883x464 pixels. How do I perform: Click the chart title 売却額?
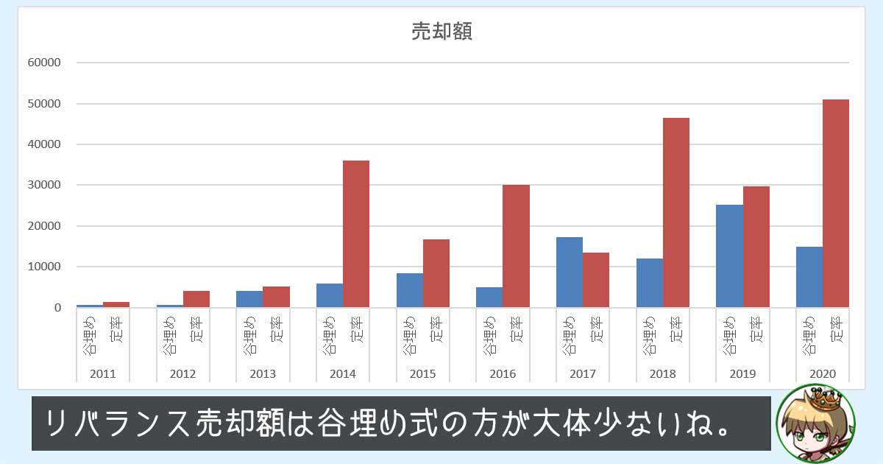pos(441,32)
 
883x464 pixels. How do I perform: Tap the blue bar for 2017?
pos(570,272)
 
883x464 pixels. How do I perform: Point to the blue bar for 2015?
pos(410,290)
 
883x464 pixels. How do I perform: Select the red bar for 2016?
pos(516,246)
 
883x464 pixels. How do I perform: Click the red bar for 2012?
pos(196,299)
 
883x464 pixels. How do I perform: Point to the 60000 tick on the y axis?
pos(44,63)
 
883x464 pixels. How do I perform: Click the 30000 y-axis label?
pos(44,185)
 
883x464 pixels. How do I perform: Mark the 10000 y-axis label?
pos(44,267)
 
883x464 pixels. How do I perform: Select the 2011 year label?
pos(102,373)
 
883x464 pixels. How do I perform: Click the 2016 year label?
pos(503,373)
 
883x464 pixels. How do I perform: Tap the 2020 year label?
pos(823,373)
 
